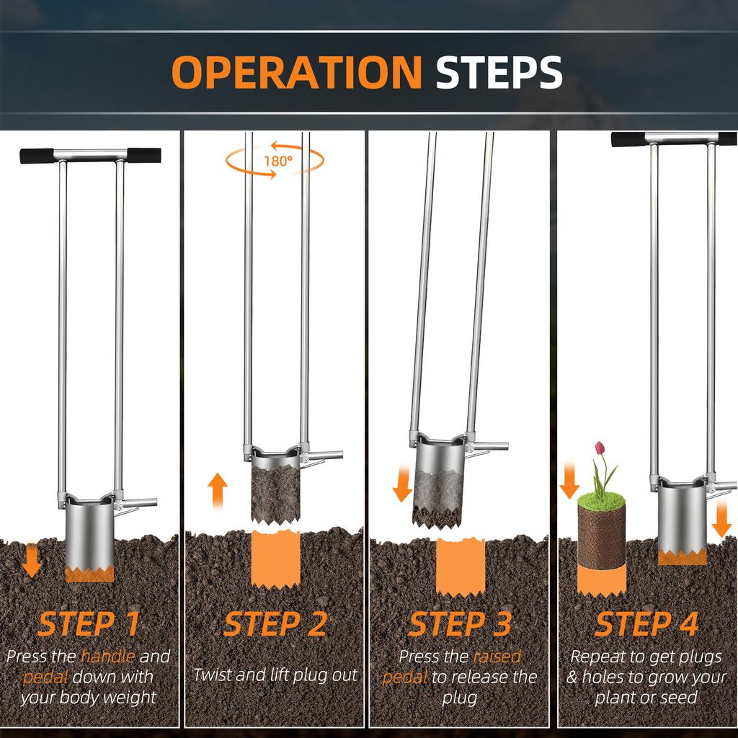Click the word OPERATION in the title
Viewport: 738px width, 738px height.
pyautogui.click(x=296, y=72)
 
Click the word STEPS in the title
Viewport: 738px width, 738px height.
pyautogui.click(x=499, y=72)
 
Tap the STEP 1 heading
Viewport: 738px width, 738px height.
pyautogui.click(x=89, y=624)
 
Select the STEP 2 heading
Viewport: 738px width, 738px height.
pyautogui.click(x=275, y=624)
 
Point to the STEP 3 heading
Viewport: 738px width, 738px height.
pyautogui.click(x=460, y=624)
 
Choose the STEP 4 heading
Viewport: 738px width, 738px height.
pyautogui.click(x=646, y=624)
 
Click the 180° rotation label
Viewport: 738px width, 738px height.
pyautogui.click(x=277, y=161)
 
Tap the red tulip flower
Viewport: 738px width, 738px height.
pyautogui.click(x=599, y=448)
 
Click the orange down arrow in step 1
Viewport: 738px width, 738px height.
pyautogui.click(x=32, y=560)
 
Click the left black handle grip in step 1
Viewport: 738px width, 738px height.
pyautogui.click(x=37, y=156)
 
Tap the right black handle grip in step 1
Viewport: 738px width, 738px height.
pyautogui.click(x=144, y=155)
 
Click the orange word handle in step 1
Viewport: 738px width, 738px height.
pyautogui.click(x=108, y=656)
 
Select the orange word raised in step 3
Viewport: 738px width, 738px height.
pyautogui.click(x=497, y=656)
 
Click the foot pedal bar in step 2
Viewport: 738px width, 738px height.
pyautogui.click(x=326, y=455)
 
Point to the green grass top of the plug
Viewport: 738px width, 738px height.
pyautogui.click(x=602, y=500)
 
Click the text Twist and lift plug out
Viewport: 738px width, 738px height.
pyautogui.click(x=275, y=675)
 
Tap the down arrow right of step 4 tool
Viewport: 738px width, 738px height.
pyautogui.click(x=721, y=520)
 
